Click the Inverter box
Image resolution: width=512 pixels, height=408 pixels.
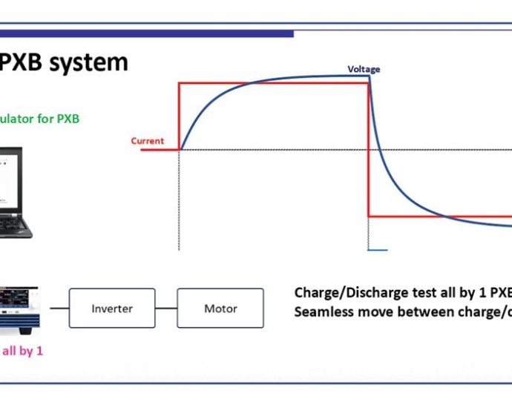click(112, 308)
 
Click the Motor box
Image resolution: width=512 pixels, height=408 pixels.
click(220, 308)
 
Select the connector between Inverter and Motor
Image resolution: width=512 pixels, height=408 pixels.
click(166, 308)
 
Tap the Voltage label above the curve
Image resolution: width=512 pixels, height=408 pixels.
click(364, 69)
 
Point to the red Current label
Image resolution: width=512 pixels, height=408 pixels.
click(147, 141)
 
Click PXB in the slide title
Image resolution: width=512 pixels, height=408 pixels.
click(22, 62)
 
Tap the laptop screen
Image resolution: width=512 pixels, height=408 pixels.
click(10, 178)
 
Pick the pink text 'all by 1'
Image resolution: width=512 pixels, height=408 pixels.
click(22, 351)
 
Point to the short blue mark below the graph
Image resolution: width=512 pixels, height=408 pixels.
click(378, 250)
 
